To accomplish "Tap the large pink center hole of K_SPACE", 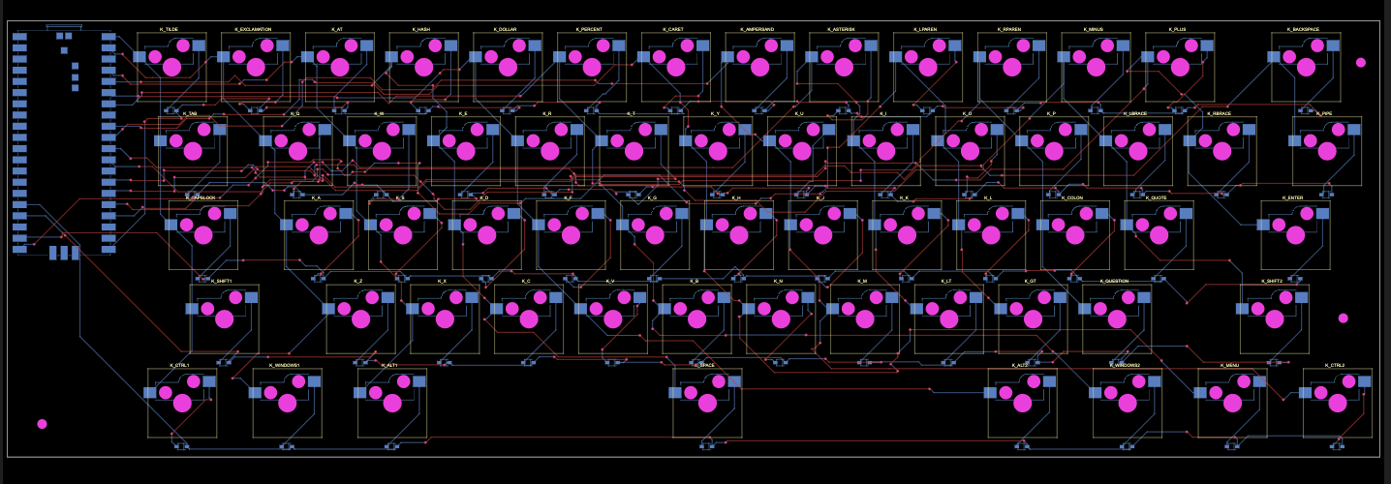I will pos(707,403).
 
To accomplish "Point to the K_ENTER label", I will pos(1294,198).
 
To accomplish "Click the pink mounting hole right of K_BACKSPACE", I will pos(1361,63).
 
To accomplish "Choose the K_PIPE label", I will pos(1324,114).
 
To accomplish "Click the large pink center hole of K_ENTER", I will pos(1295,235).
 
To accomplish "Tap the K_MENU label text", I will pos(1231,366).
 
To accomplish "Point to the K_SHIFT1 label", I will pos(222,282).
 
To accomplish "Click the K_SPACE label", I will pos(706,366).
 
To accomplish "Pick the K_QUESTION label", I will pos(1114,282).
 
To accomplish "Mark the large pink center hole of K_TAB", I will pos(193,151).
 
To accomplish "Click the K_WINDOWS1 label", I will pos(285,366).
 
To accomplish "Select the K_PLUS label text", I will pos(1178,30).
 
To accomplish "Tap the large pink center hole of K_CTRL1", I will pos(182,403).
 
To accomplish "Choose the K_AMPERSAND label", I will pos(759,30).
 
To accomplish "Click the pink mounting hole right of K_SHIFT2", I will pos(1343,318).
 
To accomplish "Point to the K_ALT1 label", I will pos(391,366).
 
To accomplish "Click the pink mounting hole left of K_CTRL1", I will pos(42,424).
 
